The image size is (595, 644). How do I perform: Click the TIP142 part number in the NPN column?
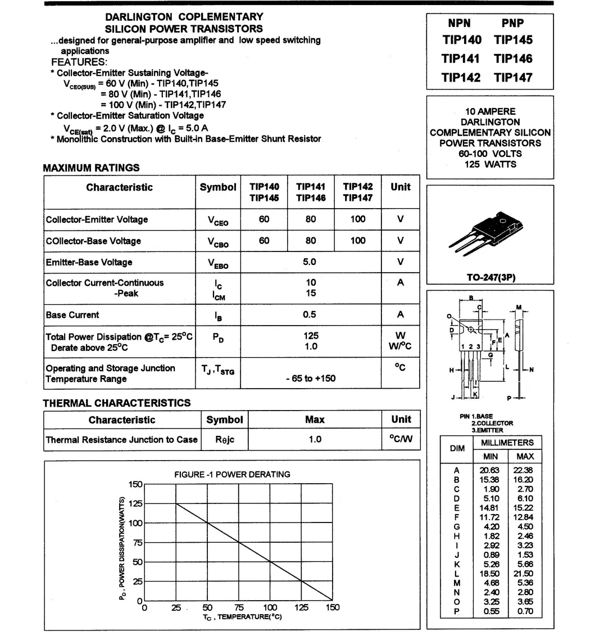(x=461, y=77)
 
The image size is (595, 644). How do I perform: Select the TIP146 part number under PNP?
(x=513, y=58)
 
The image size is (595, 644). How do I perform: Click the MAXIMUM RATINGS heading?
(x=91, y=168)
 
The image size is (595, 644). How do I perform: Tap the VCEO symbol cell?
(x=218, y=220)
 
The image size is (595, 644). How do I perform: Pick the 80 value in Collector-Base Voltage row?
(x=311, y=241)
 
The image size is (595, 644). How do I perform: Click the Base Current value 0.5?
(x=310, y=315)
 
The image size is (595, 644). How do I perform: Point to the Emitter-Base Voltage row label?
(x=89, y=262)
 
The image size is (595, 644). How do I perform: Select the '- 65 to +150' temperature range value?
(x=311, y=379)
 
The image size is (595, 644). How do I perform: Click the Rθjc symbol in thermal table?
(x=224, y=439)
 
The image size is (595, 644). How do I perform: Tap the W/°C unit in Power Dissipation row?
(x=400, y=346)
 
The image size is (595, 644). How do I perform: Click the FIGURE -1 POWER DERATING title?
(x=232, y=474)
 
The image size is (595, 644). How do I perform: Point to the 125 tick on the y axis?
(x=135, y=503)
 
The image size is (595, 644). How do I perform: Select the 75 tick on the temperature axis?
(x=239, y=607)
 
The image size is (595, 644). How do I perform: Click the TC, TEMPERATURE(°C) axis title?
(x=242, y=617)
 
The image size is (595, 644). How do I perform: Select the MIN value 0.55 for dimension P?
(x=490, y=611)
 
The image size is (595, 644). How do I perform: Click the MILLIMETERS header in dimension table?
(x=507, y=443)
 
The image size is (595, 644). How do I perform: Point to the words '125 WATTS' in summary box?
(x=490, y=164)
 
